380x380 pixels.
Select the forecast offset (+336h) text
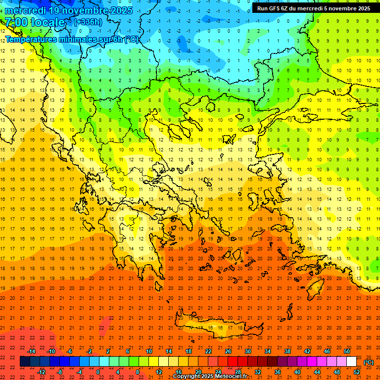click(88, 22)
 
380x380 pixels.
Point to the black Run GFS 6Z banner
click(313, 8)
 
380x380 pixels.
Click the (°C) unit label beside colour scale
click(369, 363)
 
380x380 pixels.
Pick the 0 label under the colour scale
click(98, 372)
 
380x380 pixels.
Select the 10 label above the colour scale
click(149, 351)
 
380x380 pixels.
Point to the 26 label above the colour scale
click(228, 351)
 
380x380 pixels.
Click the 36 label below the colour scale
click(278, 372)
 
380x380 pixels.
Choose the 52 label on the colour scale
click(357, 372)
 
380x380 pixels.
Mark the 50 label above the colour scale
click(347, 351)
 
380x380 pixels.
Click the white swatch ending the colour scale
click(351, 362)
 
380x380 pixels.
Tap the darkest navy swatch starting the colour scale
click(25, 362)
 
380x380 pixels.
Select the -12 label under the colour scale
click(41, 372)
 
